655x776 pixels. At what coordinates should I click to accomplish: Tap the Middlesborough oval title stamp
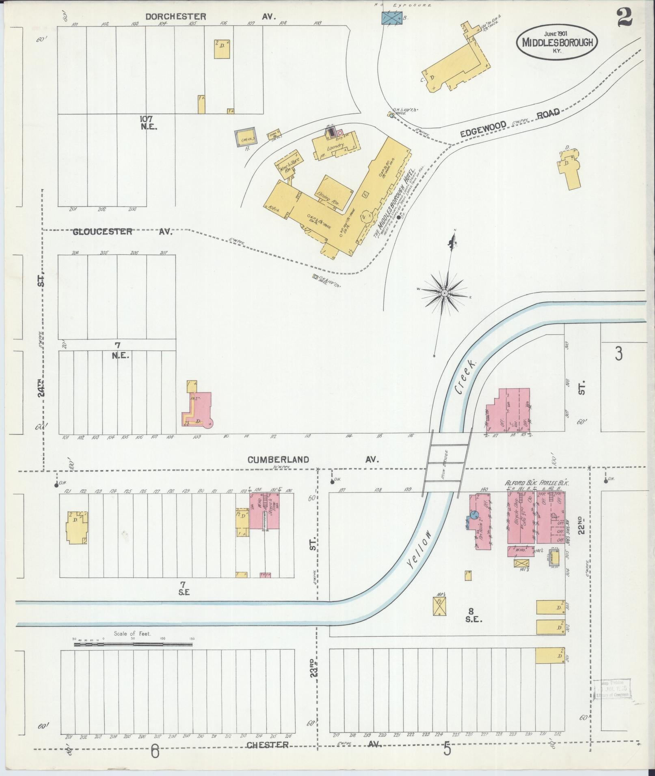click(557, 42)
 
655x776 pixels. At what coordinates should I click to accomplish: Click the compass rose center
click(444, 292)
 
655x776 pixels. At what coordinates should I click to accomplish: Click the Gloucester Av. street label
click(122, 232)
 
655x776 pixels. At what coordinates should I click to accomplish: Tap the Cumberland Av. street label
click(313, 460)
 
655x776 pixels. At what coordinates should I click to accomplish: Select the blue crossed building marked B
click(393, 17)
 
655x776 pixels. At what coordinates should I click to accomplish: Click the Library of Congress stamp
click(612, 688)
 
